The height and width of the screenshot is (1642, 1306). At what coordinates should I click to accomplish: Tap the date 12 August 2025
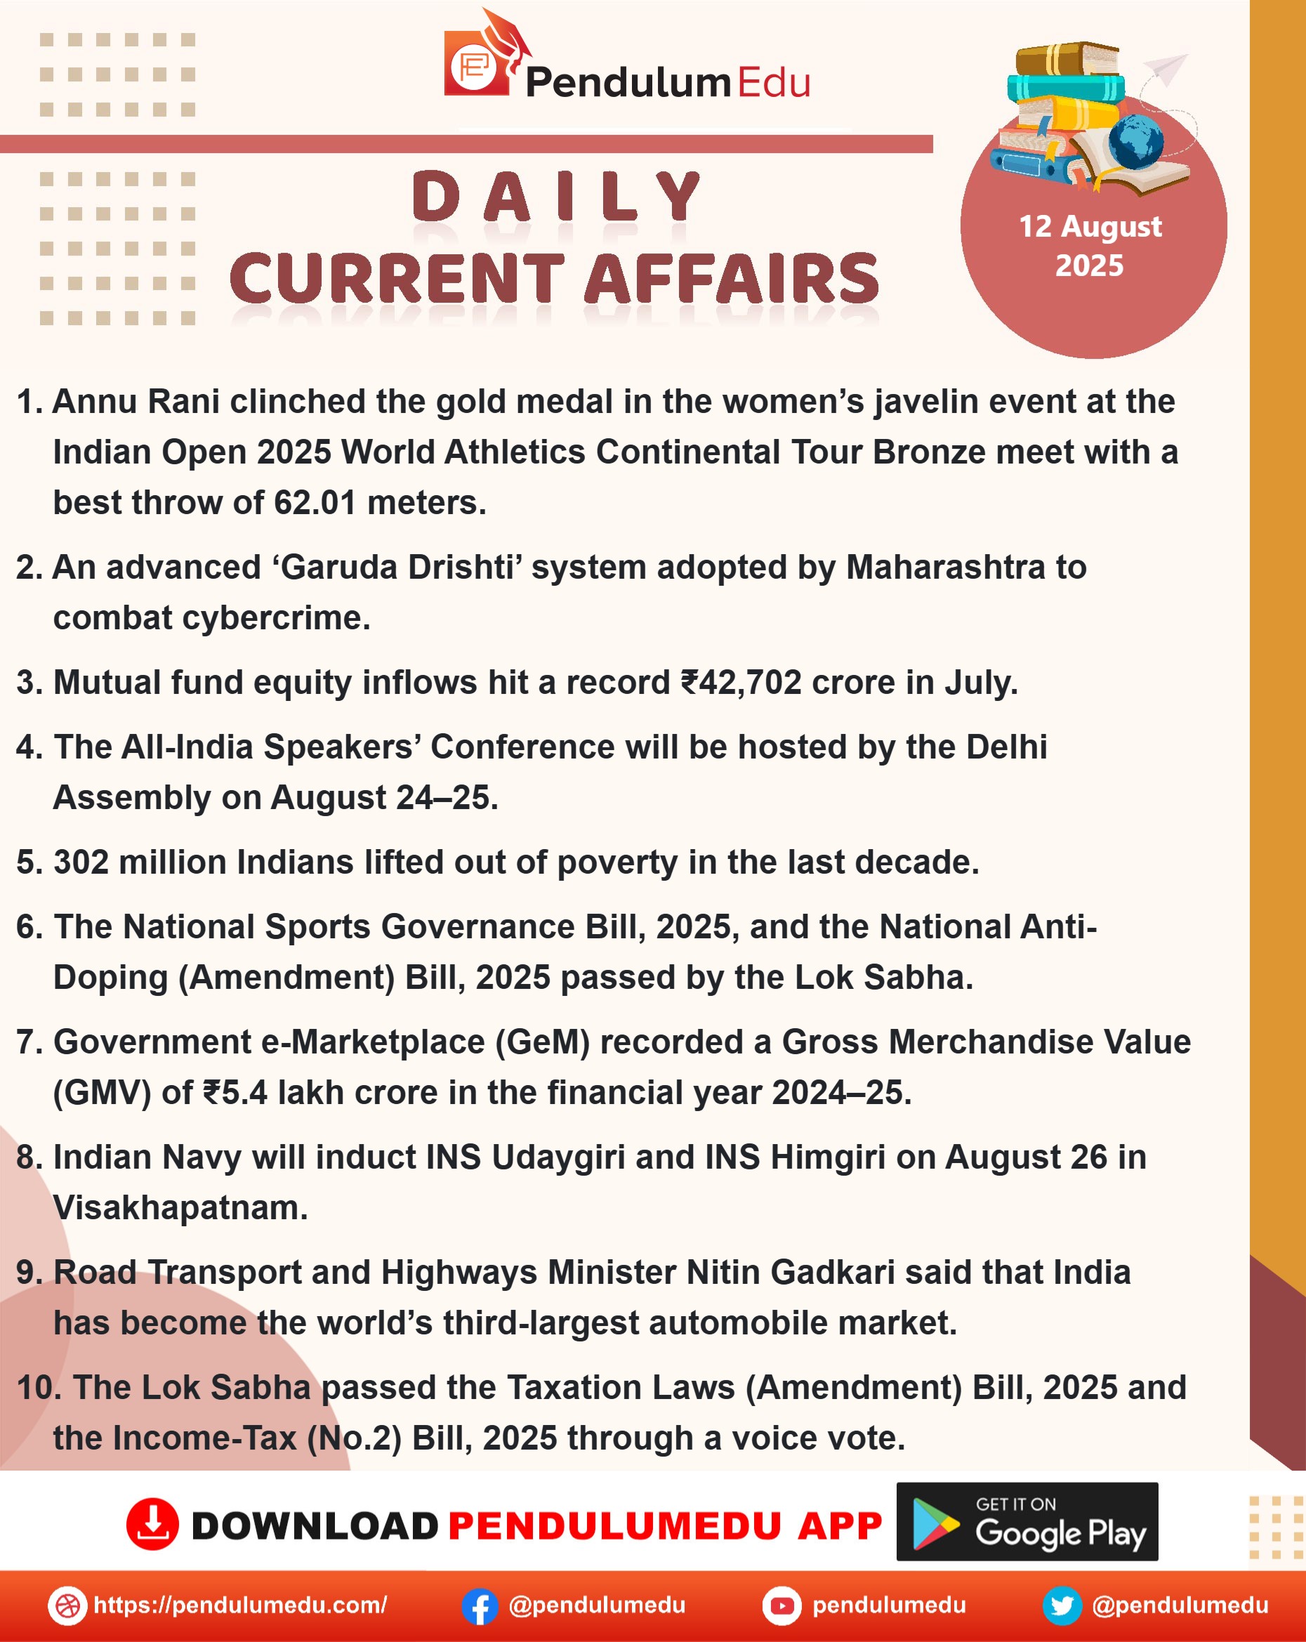1090,246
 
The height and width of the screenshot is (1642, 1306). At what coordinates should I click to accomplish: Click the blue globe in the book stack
1135,141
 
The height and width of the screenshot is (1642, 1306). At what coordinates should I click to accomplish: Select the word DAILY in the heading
556,197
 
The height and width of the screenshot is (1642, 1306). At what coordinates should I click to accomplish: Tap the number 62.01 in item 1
315,503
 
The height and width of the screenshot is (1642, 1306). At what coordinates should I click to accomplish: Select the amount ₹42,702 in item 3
741,683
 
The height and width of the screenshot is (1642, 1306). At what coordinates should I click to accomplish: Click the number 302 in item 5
81,862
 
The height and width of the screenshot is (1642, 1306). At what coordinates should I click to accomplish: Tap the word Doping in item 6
110,977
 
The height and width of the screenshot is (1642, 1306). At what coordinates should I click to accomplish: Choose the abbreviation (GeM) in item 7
542,1042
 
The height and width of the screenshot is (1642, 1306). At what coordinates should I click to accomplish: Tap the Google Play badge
1027,1522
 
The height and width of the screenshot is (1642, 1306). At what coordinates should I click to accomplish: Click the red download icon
152,1524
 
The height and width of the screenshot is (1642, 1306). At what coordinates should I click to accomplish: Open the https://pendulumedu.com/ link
240,1605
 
